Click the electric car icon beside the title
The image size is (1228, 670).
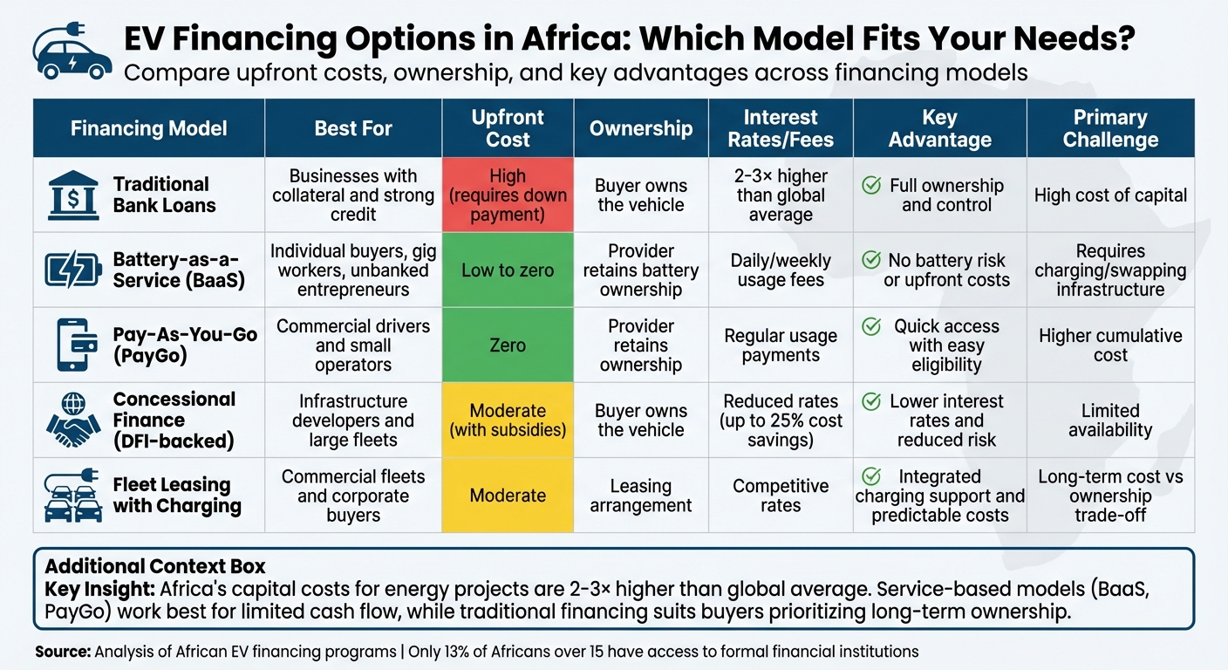pyautogui.click(x=72, y=54)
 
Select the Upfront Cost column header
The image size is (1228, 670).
pyautogui.click(x=508, y=128)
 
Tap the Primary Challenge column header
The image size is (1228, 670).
pyautogui.click(x=1110, y=128)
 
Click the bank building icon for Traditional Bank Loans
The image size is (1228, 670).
pyautogui.click(x=72, y=195)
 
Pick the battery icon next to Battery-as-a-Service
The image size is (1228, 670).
pyautogui.click(x=72, y=270)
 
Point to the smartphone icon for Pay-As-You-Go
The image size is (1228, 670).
pyautogui.click(x=72, y=345)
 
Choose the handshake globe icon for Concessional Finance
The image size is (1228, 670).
pyautogui.click(x=72, y=420)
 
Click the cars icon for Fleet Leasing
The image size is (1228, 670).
pyautogui.click(x=72, y=495)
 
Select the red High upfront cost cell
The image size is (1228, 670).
pyautogui.click(x=508, y=195)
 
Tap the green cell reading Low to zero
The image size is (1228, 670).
pyautogui.click(x=508, y=270)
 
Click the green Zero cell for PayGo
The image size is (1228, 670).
pyautogui.click(x=508, y=345)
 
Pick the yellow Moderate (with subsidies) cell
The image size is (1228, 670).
pyautogui.click(x=508, y=420)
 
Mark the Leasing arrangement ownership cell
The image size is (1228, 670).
pyautogui.click(x=640, y=496)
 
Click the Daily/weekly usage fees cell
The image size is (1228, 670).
pyautogui.click(x=781, y=270)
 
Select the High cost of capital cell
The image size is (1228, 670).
pyautogui.click(x=1110, y=195)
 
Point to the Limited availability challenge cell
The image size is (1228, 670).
pyautogui.click(x=1110, y=420)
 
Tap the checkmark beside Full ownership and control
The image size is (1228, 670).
pyautogui.click(x=870, y=185)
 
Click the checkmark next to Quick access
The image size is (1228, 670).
pyautogui.click(x=870, y=326)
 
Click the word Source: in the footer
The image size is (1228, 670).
pyautogui.click(x=62, y=652)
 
